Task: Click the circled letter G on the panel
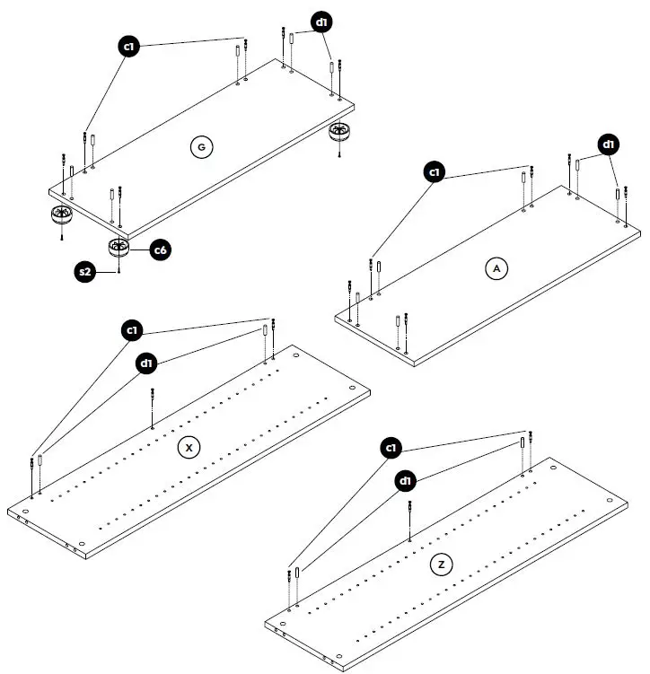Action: coord(200,147)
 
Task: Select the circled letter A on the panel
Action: coord(496,267)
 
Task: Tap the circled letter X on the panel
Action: coord(188,447)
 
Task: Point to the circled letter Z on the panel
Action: coord(441,565)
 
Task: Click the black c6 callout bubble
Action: coord(160,250)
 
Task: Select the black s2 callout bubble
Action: coord(86,270)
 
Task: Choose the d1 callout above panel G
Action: coord(321,22)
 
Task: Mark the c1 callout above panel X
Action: coord(132,331)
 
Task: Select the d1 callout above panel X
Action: coord(146,363)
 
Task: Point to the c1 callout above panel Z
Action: coord(391,447)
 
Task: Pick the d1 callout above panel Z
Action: coord(406,481)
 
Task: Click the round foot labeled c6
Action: coord(119,247)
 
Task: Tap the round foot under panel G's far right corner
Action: coord(339,132)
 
